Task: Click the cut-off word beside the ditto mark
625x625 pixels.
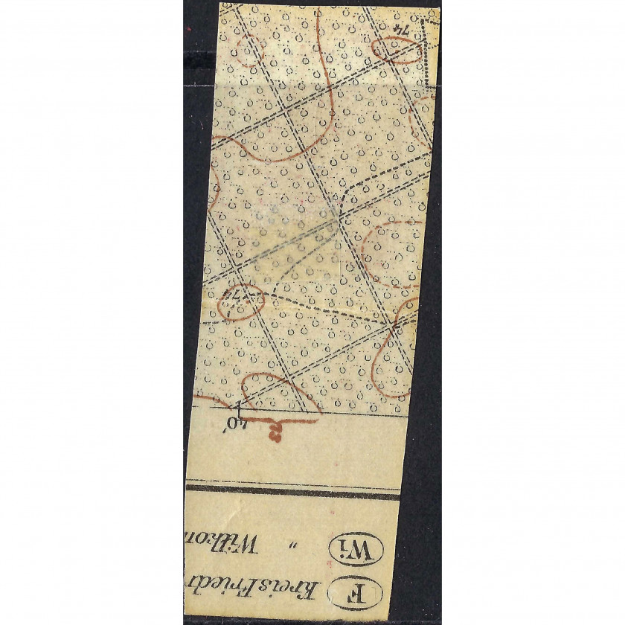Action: coord(222,551)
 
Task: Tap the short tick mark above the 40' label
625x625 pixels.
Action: coord(239,405)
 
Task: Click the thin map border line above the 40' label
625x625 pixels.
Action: coord(312,411)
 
